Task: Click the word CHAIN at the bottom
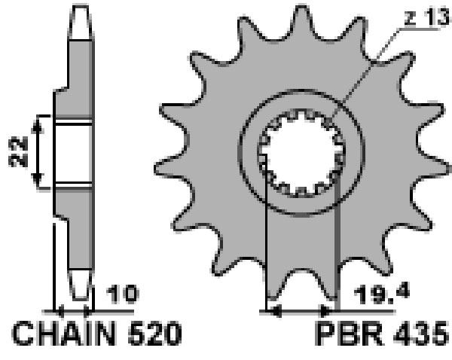[64, 333]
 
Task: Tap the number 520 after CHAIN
[155, 333]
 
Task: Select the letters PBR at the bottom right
[350, 333]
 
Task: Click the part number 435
[421, 333]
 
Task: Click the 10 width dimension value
[122, 294]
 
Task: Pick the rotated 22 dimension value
[18, 152]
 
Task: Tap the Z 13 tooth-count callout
[427, 18]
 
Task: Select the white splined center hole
[301, 153]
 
